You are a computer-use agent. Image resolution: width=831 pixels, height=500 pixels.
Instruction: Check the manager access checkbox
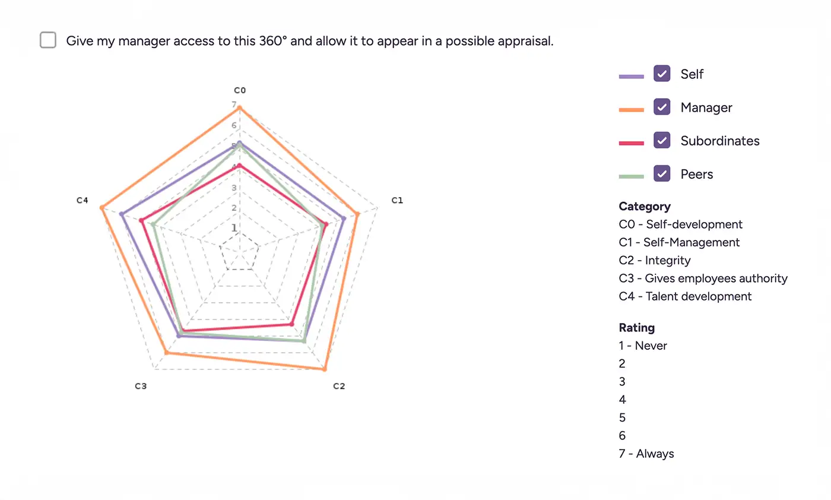point(48,40)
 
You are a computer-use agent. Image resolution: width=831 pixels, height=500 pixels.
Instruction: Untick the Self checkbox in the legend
point(662,74)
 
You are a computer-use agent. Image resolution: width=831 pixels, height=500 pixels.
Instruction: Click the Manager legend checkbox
point(662,107)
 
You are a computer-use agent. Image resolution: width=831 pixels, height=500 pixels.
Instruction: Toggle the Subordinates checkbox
point(662,140)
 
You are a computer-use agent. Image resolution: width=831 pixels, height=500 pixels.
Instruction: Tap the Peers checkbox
point(662,173)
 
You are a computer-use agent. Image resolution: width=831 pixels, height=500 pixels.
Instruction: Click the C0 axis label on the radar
point(240,90)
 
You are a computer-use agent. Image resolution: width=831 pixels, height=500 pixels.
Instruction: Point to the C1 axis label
point(397,200)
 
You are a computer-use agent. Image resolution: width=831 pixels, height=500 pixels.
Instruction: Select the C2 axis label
point(339,386)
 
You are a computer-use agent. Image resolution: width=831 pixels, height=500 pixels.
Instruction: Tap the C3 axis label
point(141,386)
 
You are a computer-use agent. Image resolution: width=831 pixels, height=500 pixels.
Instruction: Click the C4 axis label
point(83,200)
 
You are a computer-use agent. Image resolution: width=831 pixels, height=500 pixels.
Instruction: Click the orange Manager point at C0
point(240,107)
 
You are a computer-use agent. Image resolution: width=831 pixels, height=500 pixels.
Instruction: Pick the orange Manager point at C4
point(102,207)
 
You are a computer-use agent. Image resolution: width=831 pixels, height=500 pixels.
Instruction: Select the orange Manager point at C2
point(324,369)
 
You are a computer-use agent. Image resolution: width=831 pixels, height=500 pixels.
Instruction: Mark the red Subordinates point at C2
point(291,324)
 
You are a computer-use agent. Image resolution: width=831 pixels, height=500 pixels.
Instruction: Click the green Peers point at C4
point(153,224)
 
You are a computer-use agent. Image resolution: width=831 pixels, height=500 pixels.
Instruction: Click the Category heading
point(645,206)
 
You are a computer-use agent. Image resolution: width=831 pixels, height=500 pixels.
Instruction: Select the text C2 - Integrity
point(655,260)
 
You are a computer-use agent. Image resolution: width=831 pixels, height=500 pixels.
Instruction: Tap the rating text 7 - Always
point(646,454)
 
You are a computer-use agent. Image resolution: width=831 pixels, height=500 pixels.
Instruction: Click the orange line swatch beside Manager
point(631,109)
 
